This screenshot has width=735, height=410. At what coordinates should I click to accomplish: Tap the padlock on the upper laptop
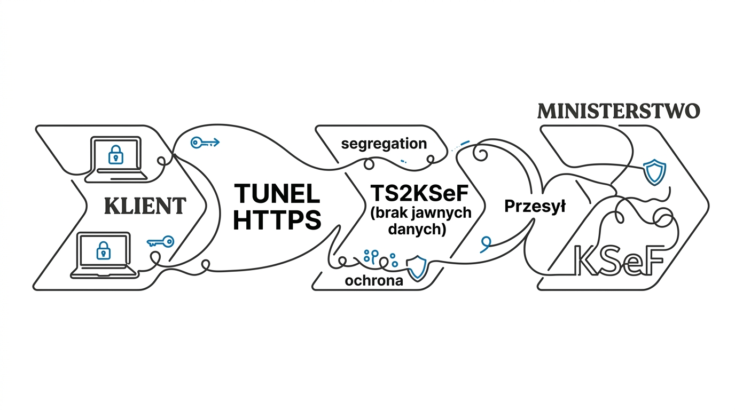pos(115,155)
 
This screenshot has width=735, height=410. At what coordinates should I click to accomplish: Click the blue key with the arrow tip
pos(205,142)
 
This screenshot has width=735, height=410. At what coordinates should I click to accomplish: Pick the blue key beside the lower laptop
pos(160,242)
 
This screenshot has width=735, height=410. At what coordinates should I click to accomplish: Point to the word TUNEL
pos(277,194)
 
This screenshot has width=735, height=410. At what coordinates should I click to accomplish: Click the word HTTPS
pos(277,219)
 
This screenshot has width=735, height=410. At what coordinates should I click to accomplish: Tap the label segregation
pos(384,144)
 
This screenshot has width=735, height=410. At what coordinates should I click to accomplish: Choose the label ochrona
pos(374,281)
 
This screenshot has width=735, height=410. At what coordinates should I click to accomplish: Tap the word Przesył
pos(535,207)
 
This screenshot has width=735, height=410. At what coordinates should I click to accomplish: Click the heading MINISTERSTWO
pos(618,111)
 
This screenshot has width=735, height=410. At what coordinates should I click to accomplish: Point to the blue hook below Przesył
pos(485,244)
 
